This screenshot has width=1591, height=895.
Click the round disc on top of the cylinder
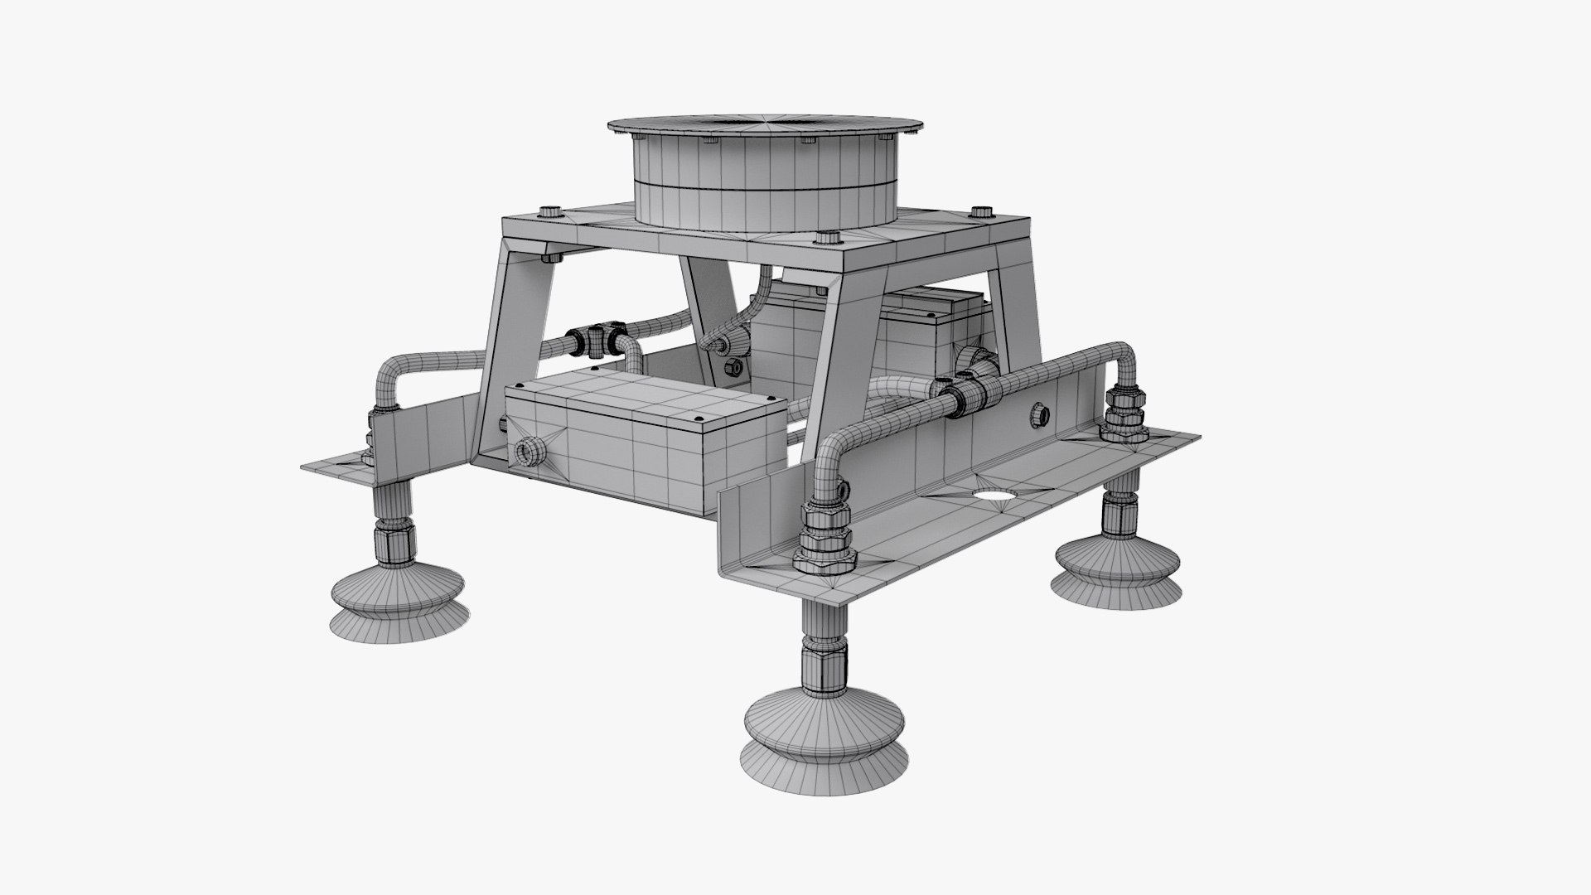(x=763, y=127)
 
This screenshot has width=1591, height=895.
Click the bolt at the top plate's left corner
(x=549, y=211)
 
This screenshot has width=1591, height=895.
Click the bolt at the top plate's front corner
(x=826, y=239)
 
